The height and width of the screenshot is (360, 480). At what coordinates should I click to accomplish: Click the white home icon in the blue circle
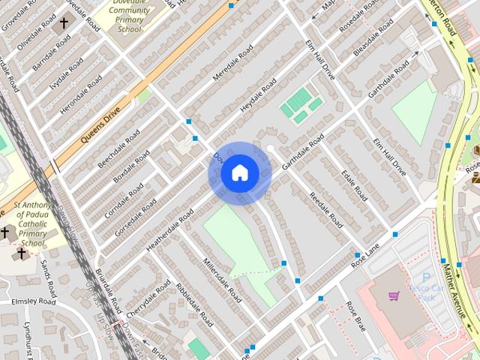(x=240, y=173)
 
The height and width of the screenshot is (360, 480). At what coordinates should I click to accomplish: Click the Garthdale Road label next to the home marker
(x=303, y=151)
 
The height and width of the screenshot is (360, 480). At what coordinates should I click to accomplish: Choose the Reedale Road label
(x=326, y=210)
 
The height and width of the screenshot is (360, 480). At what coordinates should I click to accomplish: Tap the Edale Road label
(x=354, y=184)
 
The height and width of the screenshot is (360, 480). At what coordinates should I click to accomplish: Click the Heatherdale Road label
(x=170, y=228)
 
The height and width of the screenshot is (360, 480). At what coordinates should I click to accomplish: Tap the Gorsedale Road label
(x=135, y=217)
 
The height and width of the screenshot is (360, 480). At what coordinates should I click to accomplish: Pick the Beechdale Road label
(x=119, y=147)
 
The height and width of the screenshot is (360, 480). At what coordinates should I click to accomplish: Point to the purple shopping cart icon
(x=394, y=295)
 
